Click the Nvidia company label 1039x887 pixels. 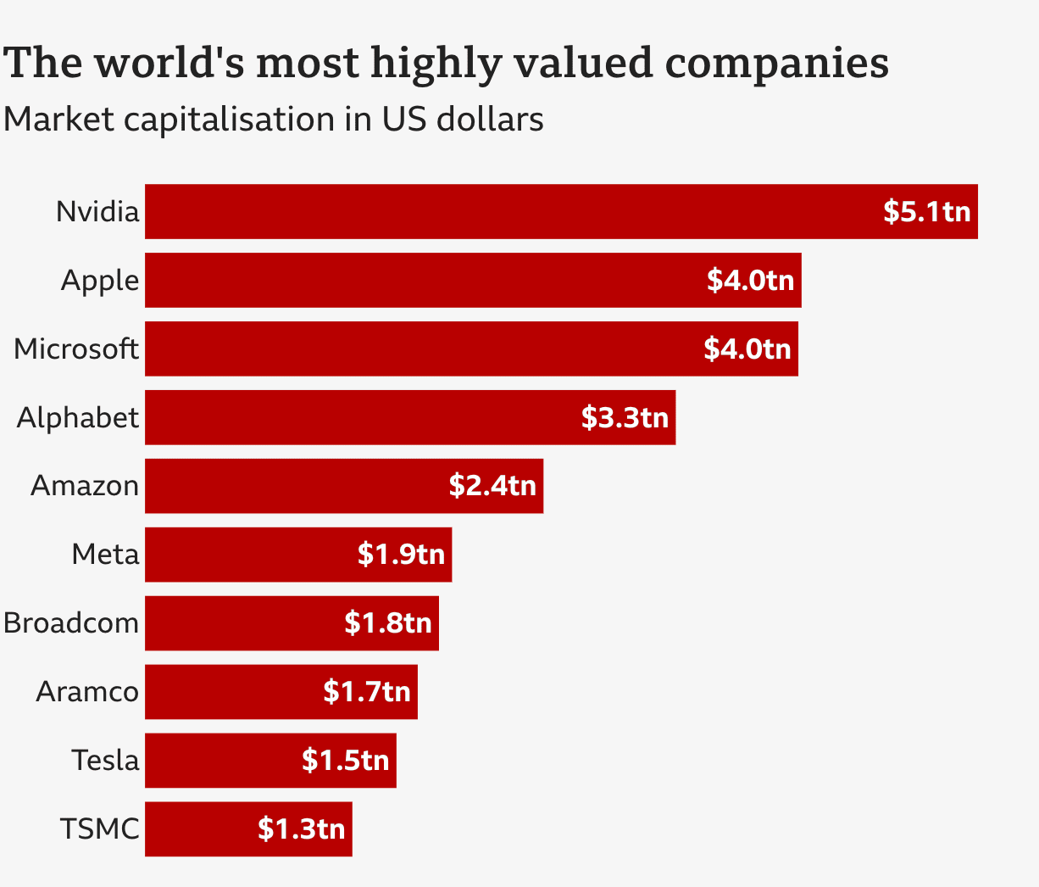click(x=97, y=211)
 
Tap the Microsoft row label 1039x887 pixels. click(x=76, y=349)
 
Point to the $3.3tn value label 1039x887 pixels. click(x=625, y=417)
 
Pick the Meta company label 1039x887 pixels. click(x=105, y=555)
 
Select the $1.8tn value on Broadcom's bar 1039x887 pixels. click(x=388, y=623)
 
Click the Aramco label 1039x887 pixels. click(x=86, y=692)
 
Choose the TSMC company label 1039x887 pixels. click(x=99, y=828)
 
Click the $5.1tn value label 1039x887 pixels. click(x=926, y=211)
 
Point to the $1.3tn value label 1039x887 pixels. click(x=301, y=828)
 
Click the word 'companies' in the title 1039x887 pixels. click(x=776, y=64)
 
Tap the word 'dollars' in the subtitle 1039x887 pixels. click(x=490, y=120)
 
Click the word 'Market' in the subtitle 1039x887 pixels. click(x=58, y=120)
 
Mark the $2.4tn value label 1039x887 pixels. click(x=492, y=486)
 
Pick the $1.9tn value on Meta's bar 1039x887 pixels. click(x=401, y=555)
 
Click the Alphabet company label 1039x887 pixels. click(x=78, y=417)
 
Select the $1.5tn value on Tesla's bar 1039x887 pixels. click(x=345, y=761)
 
